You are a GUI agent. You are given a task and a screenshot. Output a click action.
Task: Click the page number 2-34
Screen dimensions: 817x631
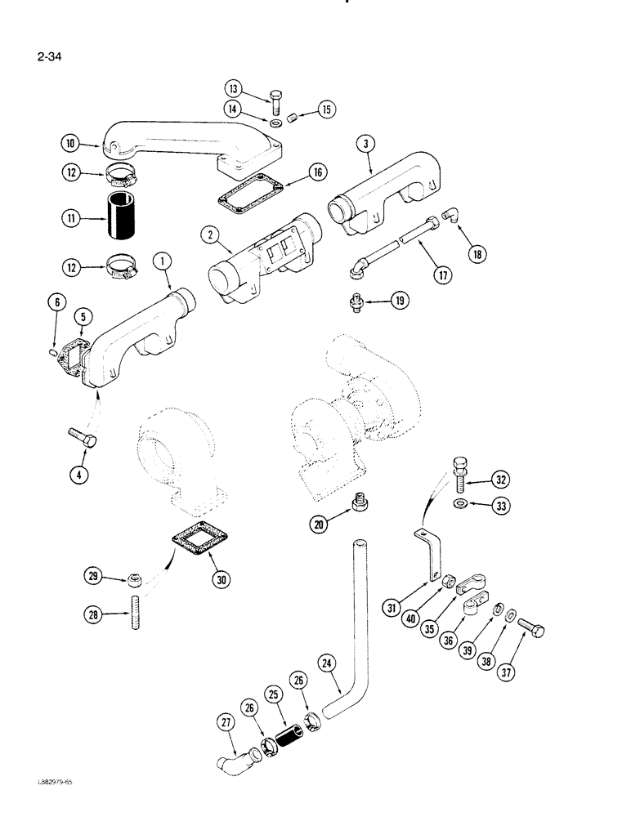pos(50,57)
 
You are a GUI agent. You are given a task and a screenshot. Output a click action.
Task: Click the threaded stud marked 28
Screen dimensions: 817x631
pos(129,614)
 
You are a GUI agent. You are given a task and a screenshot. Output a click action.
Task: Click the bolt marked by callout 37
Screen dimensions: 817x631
pos(530,631)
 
